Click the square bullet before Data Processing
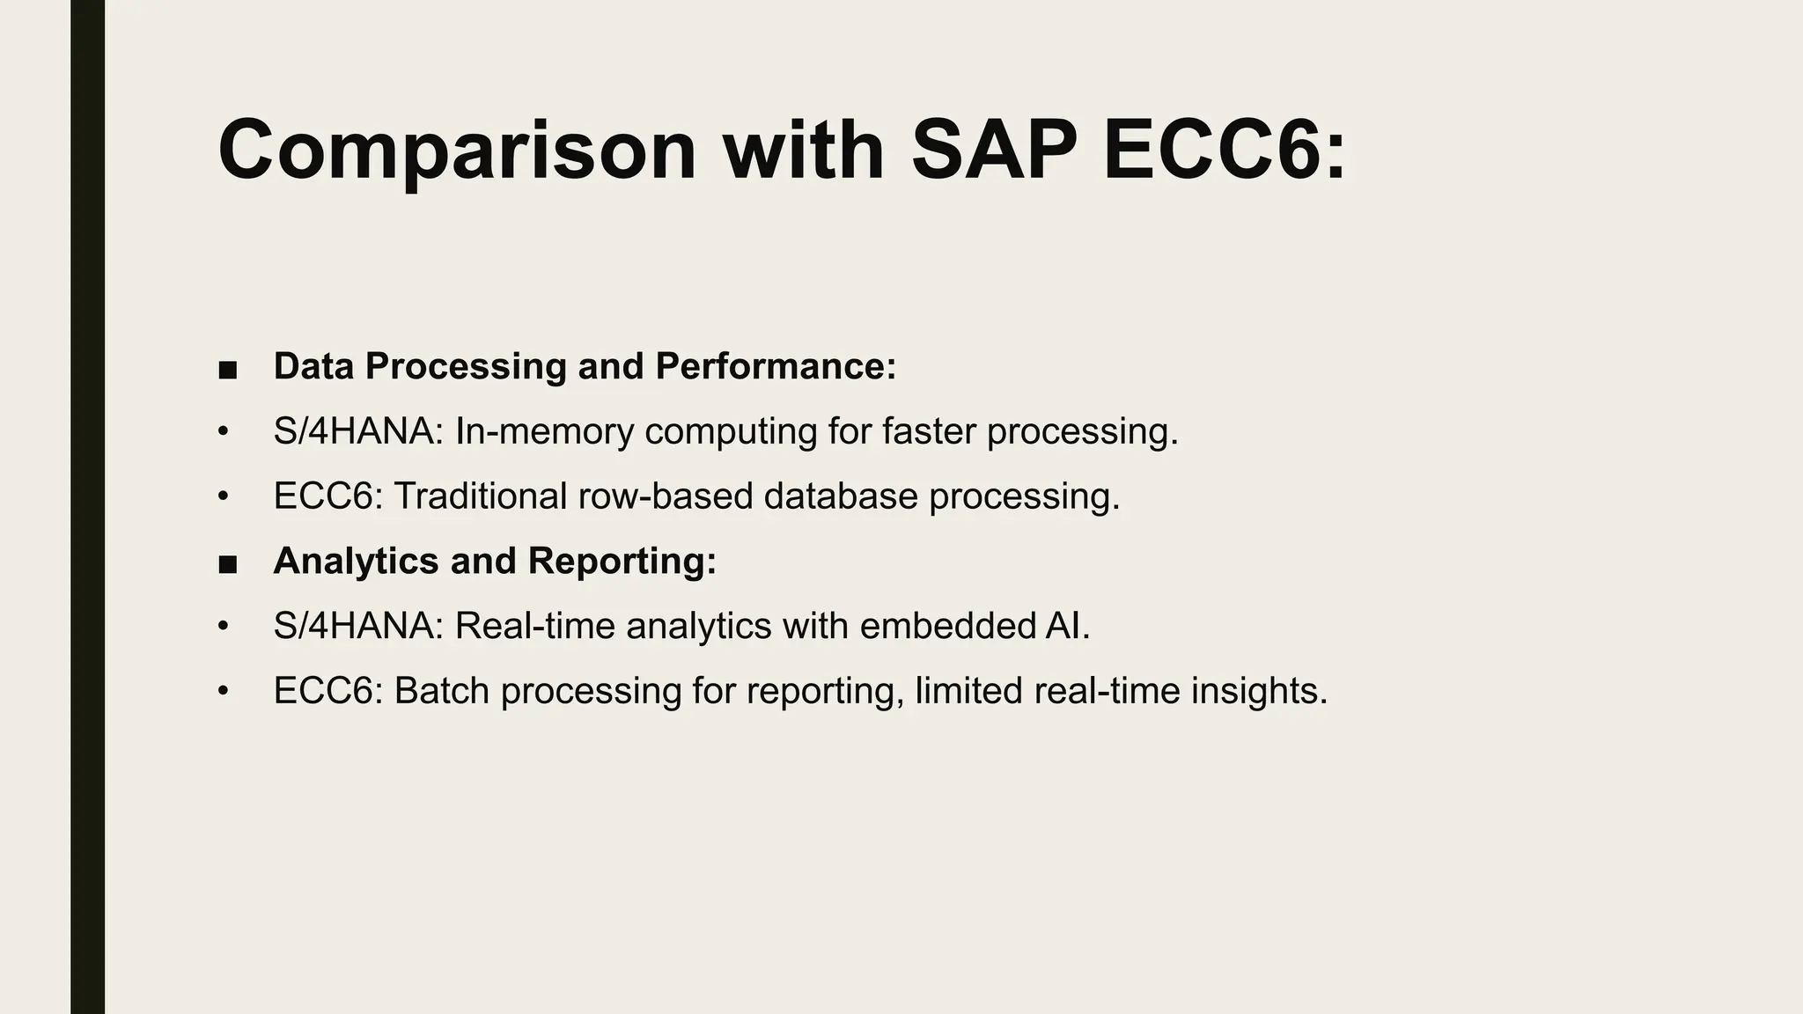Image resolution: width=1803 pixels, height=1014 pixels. click(228, 369)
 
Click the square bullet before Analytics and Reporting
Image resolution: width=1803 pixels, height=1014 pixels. click(228, 563)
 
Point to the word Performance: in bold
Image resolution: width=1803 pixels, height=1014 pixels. click(776, 366)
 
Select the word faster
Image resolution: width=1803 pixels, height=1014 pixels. click(928, 431)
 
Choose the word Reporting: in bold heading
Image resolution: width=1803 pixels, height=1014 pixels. click(622, 561)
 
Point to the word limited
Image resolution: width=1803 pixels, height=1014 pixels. click(968, 691)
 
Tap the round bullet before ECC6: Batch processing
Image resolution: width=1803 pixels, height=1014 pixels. click(224, 691)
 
